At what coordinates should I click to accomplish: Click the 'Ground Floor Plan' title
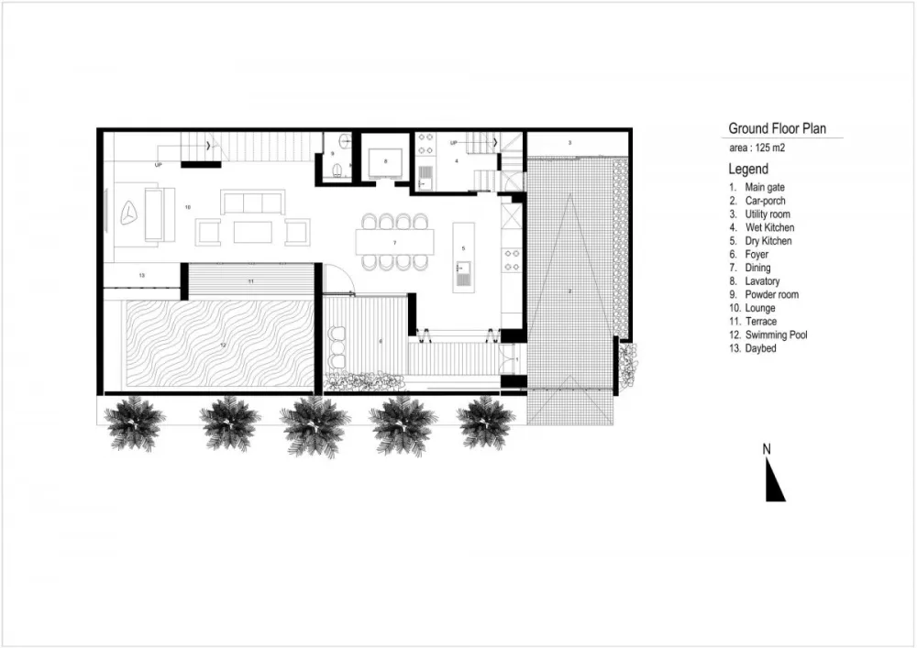pos(777,128)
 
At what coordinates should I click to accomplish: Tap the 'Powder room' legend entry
pos(771,295)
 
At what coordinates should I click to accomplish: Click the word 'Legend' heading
pos(748,170)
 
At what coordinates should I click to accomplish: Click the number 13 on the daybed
pos(142,275)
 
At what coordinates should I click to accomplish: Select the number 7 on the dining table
pos(394,242)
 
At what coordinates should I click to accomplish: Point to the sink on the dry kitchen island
pos(464,274)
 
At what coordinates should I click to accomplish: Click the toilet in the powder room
pos(337,169)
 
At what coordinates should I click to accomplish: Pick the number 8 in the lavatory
pos(385,161)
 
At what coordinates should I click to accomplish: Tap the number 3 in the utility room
pos(569,143)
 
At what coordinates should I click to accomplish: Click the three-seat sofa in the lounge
pos(252,202)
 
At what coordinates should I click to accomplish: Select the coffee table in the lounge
pos(252,232)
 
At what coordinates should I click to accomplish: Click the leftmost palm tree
pos(134,423)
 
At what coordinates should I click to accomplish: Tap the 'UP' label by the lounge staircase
pos(159,165)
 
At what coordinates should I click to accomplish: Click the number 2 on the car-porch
pos(569,291)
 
